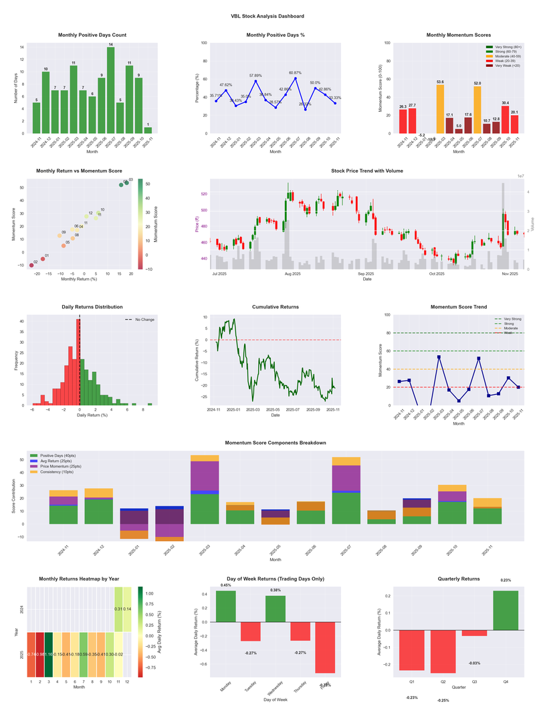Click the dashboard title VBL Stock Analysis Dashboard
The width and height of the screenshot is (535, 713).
(x=267, y=16)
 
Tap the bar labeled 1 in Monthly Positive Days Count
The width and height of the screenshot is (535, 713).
(x=148, y=130)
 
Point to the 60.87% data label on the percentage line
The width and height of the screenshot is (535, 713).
(x=295, y=72)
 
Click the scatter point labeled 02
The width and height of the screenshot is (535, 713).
(x=31, y=266)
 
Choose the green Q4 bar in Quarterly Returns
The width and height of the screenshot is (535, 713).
(x=505, y=610)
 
